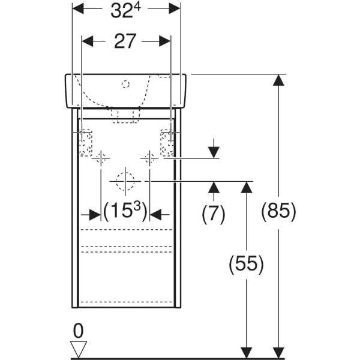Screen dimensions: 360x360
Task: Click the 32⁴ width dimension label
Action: (x=126, y=11)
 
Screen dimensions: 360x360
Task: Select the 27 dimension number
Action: (x=126, y=41)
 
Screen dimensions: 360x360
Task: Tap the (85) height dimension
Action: (x=278, y=211)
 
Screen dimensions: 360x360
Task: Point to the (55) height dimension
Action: (x=245, y=265)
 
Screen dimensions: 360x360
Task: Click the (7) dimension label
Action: (x=213, y=213)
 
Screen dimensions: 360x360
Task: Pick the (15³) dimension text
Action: (x=125, y=213)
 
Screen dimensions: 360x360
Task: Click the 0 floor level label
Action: (x=77, y=331)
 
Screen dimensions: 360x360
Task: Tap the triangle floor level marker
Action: (x=78, y=349)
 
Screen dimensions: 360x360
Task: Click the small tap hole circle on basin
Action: (x=125, y=84)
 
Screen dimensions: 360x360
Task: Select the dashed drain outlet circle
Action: (x=125, y=180)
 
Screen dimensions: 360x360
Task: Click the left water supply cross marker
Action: (x=101, y=158)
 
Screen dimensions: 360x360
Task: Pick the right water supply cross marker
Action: (x=149, y=158)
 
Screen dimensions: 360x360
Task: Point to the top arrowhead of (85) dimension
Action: (x=278, y=80)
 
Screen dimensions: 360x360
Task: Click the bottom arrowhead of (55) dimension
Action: (x=245, y=353)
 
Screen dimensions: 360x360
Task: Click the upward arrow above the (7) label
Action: (x=213, y=188)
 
